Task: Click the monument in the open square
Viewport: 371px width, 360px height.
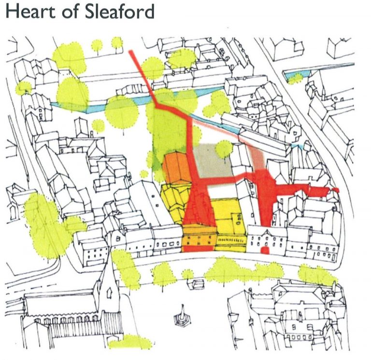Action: point(182,316)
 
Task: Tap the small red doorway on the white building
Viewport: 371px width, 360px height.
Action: point(264,251)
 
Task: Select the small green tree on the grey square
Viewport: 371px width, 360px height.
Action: point(224,149)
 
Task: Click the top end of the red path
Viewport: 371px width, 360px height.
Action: point(133,51)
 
